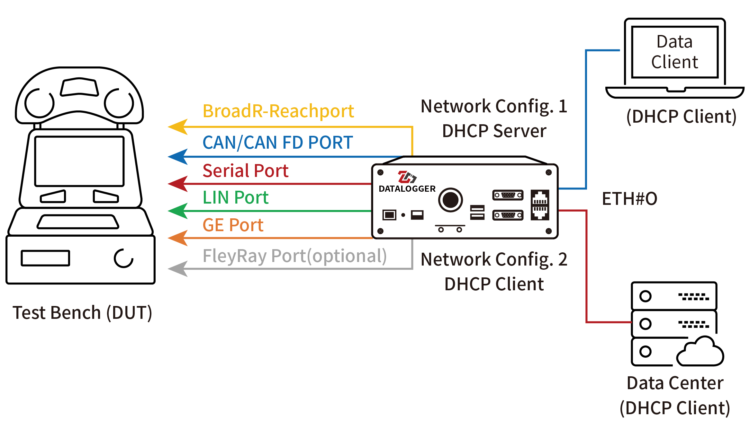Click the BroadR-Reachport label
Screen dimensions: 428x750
tap(278, 111)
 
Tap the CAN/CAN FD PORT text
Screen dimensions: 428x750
tap(277, 143)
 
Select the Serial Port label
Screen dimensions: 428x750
tap(245, 170)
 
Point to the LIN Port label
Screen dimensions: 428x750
tap(235, 197)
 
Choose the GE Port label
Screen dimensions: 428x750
tap(233, 225)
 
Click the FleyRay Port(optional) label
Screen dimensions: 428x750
tap(294, 256)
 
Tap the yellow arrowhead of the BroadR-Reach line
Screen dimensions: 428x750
tap(178, 127)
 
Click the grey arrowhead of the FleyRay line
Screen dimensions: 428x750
tap(178, 268)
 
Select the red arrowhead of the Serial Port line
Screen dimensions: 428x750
tap(178, 184)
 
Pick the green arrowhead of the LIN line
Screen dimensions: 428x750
tap(178, 211)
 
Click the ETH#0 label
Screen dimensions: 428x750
tap(629, 199)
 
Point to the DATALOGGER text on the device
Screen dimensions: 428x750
tap(407, 189)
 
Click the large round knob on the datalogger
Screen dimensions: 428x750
tap(450, 200)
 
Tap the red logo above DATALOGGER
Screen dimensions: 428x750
tap(407, 177)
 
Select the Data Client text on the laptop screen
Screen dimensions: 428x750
tap(674, 52)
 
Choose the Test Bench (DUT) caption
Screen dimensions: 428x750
tap(82, 313)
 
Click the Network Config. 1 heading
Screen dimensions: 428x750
tap(494, 106)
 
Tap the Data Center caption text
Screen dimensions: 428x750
tap(675, 383)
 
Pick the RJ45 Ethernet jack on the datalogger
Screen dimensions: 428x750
tap(540, 205)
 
